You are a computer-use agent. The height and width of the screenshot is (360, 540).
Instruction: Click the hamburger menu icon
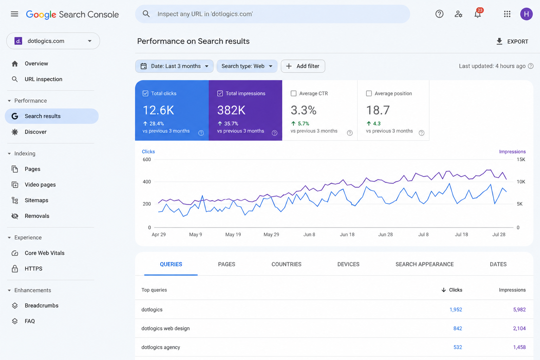click(14, 14)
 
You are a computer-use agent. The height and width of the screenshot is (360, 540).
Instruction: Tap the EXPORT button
click(512, 41)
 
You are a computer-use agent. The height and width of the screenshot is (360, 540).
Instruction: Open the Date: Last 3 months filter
click(174, 66)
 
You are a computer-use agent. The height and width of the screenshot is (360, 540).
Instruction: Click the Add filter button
click(303, 66)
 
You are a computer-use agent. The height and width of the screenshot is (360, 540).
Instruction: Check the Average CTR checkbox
click(294, 93)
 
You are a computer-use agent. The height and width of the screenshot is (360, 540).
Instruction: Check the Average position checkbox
click(369, 93)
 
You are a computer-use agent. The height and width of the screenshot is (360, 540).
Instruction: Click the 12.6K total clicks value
click(159, 110)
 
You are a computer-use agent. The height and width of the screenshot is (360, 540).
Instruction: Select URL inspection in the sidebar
click(43, 79)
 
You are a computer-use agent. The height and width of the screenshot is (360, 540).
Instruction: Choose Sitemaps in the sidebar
click(37, 200)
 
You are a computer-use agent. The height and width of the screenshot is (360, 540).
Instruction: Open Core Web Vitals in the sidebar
click(45, 253)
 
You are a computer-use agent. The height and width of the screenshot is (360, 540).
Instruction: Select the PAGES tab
click(227, 264)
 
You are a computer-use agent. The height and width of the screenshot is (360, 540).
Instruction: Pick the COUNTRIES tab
click(287, 264)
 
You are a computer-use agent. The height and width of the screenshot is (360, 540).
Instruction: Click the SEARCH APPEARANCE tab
click(425, 264)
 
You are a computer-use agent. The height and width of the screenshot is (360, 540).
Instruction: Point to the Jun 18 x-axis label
click(347, 234)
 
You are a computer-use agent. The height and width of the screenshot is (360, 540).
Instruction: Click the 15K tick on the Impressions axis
click(521, 159)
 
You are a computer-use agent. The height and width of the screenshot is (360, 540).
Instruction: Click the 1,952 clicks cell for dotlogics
click(456, 310)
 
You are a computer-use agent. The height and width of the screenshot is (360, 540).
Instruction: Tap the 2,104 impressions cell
click(519, 328)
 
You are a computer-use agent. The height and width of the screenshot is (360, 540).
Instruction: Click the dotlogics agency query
click(161, 347)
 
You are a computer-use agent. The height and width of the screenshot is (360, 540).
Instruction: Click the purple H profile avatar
click(526, 14)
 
